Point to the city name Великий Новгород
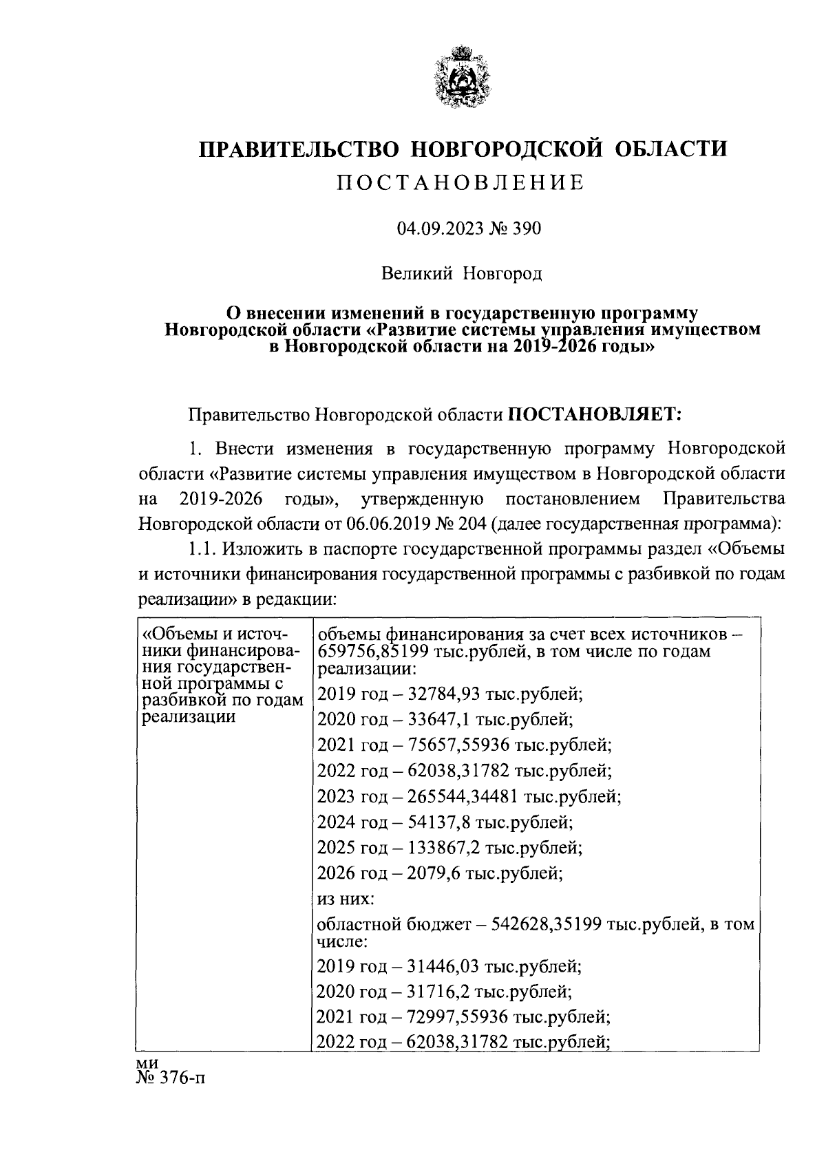point(462,274)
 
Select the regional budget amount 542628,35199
point(546,925)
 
